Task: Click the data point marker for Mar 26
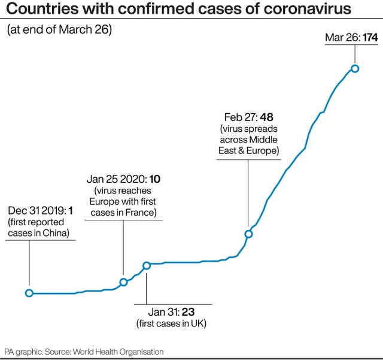point(355,68)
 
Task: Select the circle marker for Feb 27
point(248,234)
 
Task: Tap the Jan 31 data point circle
point(146,265)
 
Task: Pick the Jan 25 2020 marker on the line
point(123,282)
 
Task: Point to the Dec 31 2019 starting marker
point(29,293)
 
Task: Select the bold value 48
point(266,117)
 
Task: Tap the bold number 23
point(188,312)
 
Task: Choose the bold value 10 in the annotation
point(155,179)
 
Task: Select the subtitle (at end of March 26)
point(59,29)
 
